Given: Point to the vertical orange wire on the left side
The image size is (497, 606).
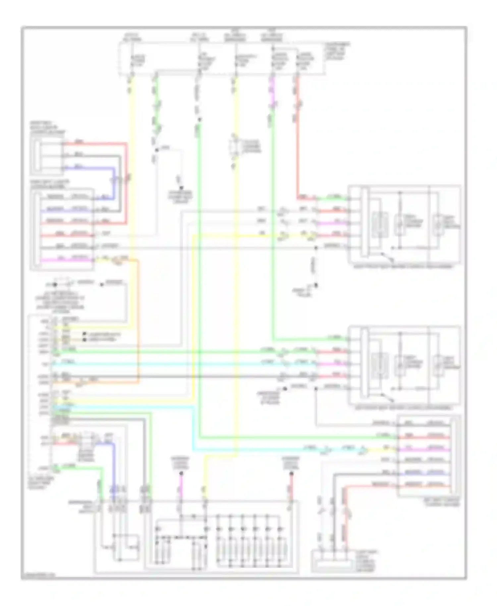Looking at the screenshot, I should [138, 318].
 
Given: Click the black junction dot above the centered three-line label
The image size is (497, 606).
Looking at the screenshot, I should [181, 188].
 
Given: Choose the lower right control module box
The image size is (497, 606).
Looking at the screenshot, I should [404, 365].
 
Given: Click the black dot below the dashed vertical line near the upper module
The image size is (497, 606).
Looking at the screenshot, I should [316, 285].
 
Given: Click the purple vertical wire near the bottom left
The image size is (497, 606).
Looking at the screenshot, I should [114, 464].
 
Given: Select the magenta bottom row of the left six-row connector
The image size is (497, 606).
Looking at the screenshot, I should [66, 260].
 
